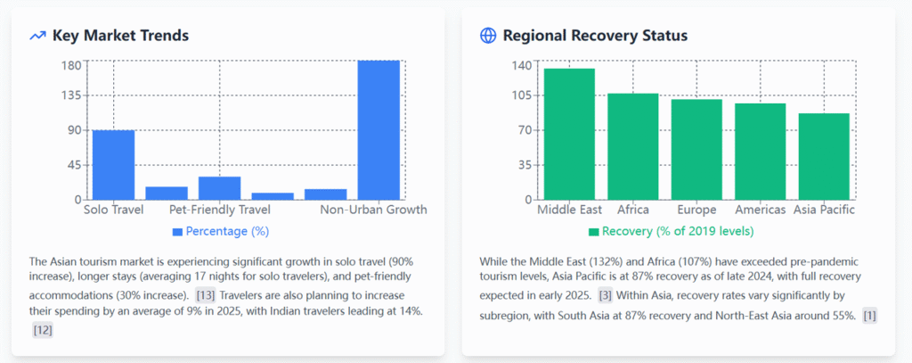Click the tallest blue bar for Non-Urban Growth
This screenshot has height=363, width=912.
[x=379, y=130]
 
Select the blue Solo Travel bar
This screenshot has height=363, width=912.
[x=113, y=165]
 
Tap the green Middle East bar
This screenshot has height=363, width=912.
[x=569, y=134]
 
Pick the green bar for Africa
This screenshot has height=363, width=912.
[x=633, y=147]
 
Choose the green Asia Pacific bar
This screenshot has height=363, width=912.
[x=824, y=157]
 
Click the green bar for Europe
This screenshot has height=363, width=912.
[x=696, y=150]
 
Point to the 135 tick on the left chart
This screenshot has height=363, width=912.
[x=71, y=95]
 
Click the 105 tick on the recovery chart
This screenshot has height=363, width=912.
[x=521, y=95]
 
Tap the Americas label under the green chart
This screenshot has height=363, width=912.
[x=761, y=210]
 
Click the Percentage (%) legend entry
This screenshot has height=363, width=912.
[x=221, y=231]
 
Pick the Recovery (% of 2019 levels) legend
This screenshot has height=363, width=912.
[x=672, y=231]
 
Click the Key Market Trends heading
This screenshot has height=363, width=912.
[x=120, y=36]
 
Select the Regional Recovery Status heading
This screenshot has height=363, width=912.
[x=595, y=36]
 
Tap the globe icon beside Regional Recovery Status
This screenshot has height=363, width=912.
[x=488, y=36]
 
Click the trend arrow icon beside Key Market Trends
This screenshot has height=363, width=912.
[x=37, y=36]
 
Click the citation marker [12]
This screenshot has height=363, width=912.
[x=43, y=330]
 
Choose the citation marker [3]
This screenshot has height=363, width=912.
[x=605, y=295]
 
